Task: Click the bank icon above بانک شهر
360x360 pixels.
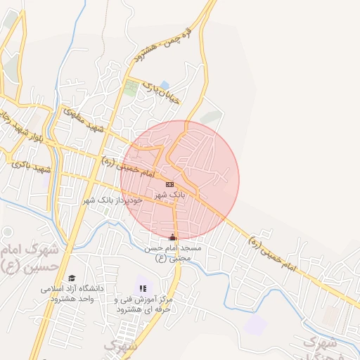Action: tap(169, 184)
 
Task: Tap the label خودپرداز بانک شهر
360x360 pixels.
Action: tap(112, 200)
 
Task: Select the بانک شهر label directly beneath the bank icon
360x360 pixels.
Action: tap(169, 194)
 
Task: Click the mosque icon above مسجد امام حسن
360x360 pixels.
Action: tap(173, 237)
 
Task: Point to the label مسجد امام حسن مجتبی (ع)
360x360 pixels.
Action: tap(173, 253)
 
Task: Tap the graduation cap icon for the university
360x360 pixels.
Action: tap(71, 278)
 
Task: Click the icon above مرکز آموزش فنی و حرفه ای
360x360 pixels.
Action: tap(143, 288)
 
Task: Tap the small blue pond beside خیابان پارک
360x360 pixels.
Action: tap(165, 85)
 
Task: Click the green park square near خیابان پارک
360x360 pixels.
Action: tap(131, 88)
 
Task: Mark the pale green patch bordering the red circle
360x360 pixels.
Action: tap(209, 117)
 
